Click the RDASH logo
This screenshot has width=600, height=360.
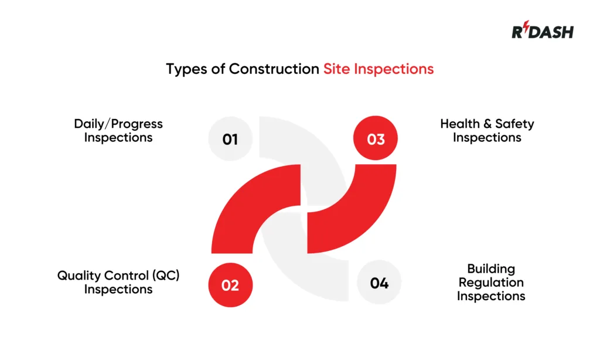[542, 31]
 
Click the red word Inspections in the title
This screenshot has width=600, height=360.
[393, 69]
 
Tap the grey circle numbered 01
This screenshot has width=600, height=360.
[230, 139]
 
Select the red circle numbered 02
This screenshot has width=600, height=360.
[230, 285]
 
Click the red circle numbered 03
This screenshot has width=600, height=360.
[376, 139]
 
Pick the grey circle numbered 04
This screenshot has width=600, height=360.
[379, 283]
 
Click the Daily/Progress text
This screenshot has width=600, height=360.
[118, 124]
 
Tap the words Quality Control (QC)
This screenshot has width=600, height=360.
[118, 275]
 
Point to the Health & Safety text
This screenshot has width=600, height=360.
[487, 124]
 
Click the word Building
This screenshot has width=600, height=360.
[491, 269]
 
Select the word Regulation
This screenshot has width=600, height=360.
[491, 283]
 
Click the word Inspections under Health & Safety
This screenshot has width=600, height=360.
[487, 138]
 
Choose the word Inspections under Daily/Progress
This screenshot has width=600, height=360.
[118, 138]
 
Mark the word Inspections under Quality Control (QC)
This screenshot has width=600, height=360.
[118, 289]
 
